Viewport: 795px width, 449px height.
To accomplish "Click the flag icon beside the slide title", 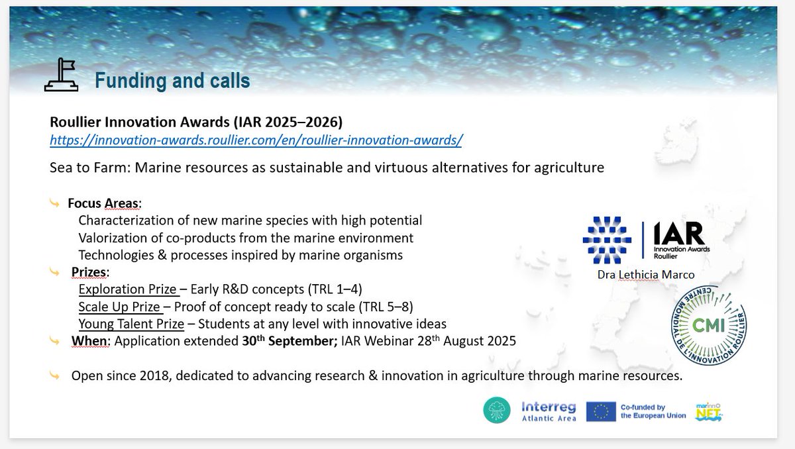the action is point(62,75).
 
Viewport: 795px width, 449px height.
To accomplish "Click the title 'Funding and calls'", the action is point(172,80).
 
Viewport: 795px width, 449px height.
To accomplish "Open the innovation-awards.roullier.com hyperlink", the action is point(256,140).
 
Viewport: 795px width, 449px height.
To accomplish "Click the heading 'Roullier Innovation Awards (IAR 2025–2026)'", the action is point(196,122).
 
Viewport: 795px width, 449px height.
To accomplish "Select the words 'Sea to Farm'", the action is point(90,168).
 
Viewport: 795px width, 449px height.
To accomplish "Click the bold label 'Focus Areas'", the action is point(103,203).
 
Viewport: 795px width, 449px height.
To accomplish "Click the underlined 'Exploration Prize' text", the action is point(127,289).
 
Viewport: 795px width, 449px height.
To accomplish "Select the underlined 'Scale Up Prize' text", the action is point(119,307).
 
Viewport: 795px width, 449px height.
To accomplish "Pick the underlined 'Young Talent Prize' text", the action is point(131,324).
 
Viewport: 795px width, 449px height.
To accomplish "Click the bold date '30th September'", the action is point(290,341).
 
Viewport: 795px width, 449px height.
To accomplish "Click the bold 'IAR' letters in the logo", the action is point(679,234).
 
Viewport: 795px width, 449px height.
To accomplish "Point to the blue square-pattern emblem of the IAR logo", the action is point(607,240).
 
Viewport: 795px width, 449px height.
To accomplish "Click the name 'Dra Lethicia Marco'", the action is point(646,275).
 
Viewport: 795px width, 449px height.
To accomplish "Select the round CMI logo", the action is point(709,326).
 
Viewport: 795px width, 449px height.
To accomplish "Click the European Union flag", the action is point(601,411).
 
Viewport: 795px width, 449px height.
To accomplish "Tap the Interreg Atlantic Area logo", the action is point(549,411).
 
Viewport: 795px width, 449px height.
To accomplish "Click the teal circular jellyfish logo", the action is point(497,410).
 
